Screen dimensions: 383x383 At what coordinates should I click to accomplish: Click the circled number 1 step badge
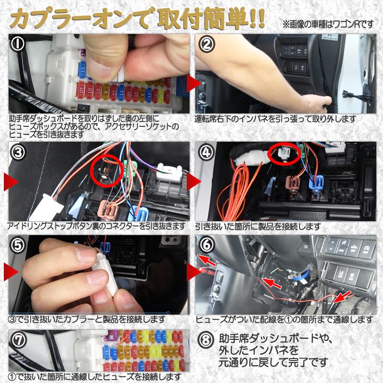click(x=18, y=44)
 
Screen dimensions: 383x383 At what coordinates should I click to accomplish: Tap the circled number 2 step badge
click(x=206, y=44)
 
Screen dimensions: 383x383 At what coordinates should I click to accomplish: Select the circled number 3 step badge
click(x=18, y=152)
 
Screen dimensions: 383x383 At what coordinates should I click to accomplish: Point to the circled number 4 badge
click(x=207, y=152)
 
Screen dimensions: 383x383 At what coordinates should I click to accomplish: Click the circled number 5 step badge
click(x=18, y=245)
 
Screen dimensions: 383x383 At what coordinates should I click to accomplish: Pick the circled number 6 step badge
click(x=207, y=245)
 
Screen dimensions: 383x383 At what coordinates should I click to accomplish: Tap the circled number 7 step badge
click(x=18, y=340)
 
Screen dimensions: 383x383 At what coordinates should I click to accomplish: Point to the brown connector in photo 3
click(x=108, y=209)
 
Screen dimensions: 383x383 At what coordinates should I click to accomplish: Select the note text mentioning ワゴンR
click(x=328, y=24)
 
